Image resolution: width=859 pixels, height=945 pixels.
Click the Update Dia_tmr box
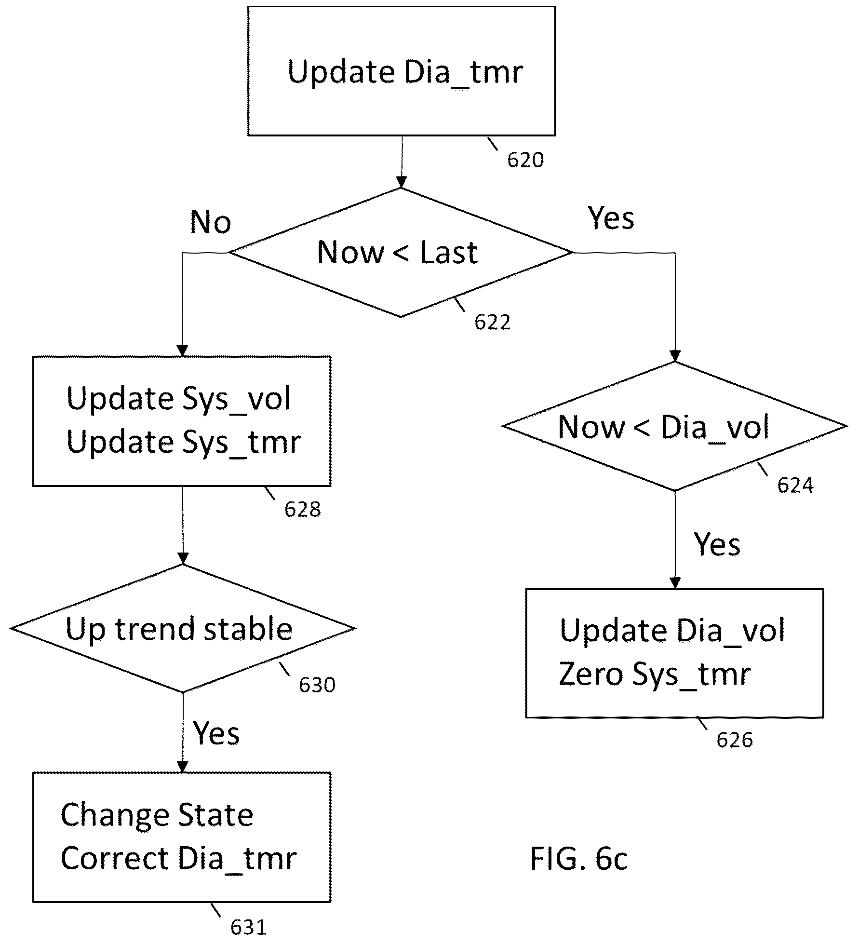[x=402, y=71]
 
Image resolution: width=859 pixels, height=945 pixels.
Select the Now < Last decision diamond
[x=401, y=252]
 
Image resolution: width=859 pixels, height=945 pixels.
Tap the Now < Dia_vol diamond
[x=675, y=426]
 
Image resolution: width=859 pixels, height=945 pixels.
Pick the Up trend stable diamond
[x=183, y=628]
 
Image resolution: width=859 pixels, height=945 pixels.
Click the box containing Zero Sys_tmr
[x=674, y=653]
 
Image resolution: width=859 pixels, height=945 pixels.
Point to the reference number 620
[x=525, y=160]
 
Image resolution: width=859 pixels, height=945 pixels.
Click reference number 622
[x=492, y=322]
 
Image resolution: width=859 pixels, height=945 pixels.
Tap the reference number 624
[x=795, y=485]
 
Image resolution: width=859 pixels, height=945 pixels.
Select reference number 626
[x=735, y=740]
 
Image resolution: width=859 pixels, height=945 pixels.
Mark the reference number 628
[x=302, y=510]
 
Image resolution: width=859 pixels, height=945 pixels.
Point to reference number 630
[x=317, y=685]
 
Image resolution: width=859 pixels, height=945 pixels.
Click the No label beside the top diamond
[x=211, y=222]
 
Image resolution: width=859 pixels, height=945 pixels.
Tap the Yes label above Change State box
[x=216, y=733]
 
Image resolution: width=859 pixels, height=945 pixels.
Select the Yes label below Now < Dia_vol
[x=717, y=544]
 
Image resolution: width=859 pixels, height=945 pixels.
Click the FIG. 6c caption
[x=579, y=859]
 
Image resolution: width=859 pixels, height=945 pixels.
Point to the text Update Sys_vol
[x=178, y=399]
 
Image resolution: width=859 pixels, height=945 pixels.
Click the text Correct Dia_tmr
[x=178, y=859]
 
